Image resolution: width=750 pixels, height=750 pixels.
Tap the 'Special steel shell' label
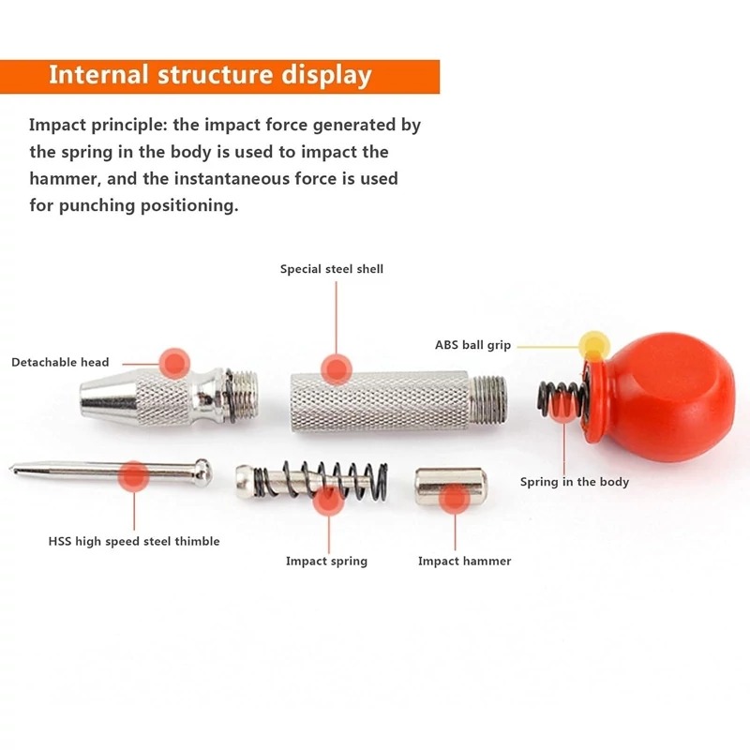[x=332, y=269]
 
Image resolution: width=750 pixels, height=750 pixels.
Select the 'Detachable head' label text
[x=60, y=362]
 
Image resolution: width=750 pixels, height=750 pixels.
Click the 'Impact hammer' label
[x=464, y=561]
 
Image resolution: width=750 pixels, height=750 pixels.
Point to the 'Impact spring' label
[x=326, y=561]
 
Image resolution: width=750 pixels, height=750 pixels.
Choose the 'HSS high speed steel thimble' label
[x=134, y=542]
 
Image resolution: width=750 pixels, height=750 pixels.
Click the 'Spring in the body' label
[x=575, y=482]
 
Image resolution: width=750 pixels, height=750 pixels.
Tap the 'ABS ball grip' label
[x=472, y=345]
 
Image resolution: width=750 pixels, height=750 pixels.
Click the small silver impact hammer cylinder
[x=451, y=487]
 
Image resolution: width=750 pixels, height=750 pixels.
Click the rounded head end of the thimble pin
[x=202, y=472]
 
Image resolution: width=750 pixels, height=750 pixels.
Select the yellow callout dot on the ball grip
[x=594, y=346]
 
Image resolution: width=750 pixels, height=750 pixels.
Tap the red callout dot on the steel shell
[x=337, y=369]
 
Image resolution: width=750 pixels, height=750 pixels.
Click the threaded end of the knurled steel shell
[x=487, y=399]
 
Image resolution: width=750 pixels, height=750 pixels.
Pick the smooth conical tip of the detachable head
[x=108, y=396]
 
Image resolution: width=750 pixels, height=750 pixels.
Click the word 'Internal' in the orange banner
[x=98, y=75]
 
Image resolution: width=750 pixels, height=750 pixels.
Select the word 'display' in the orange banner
[x=326, y=77]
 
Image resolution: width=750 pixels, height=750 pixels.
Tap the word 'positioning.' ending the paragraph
[x=189, y=206]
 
